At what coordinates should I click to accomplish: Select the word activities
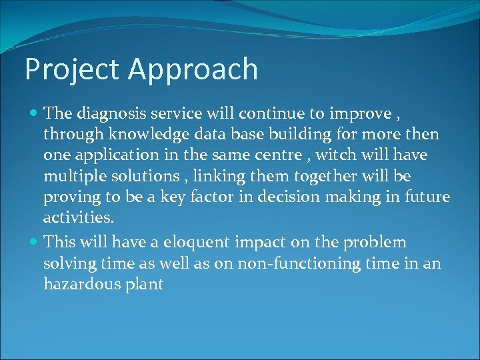pyautogui.click(x=78, y=218)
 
